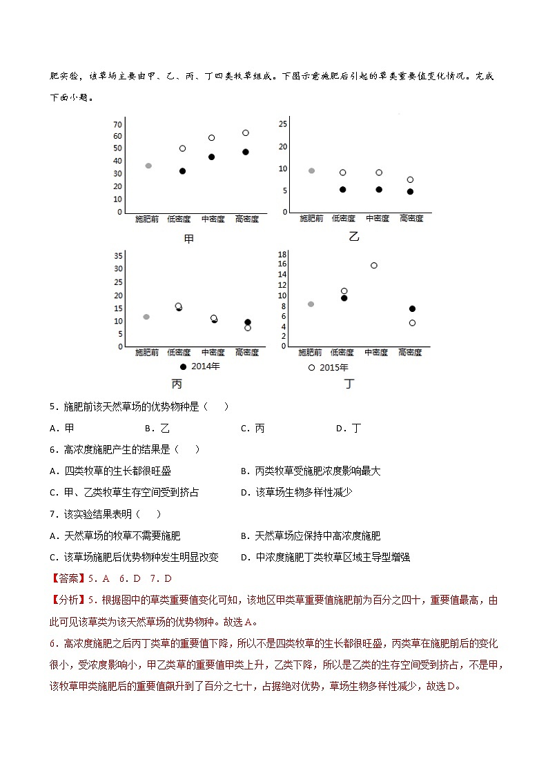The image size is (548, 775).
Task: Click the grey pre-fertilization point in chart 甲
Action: [x=148, y=166]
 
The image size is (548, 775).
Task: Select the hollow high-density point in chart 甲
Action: [x=245, y=133]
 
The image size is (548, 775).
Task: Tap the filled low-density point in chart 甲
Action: [x=182, y=170]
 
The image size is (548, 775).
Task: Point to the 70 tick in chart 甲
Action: [x=117, y=124]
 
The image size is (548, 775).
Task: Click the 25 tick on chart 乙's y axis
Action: [x=282, y=124]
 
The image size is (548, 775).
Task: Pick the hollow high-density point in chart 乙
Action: [x=410, y=179]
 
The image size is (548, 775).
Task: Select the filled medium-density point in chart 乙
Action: [x=379, y=189]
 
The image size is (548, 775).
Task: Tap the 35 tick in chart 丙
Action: [x=119, y=255]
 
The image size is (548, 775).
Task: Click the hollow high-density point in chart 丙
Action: [x=247, y=328]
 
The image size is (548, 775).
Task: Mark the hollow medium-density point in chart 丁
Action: [x=374, y=265]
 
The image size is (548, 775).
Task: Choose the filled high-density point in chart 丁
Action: [x=412, y=308]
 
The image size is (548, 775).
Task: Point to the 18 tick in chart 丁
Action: [x=282, y=255]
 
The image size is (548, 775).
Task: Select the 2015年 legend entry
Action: [x=329, y=368]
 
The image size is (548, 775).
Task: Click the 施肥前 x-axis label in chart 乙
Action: [x=311, y=218]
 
